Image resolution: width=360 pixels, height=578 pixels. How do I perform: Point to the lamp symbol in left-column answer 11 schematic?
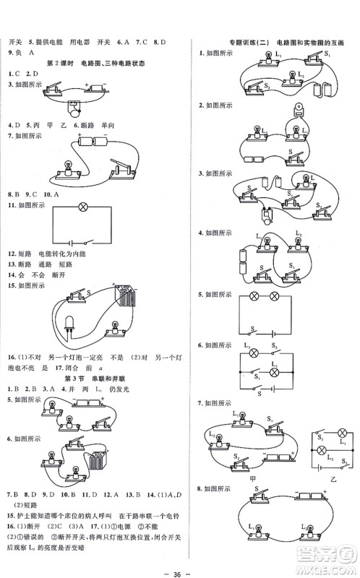pyautogui.click(x=82, y=206)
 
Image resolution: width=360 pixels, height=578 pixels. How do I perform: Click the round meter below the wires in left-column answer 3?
pyautogui.click(x=74, y=110)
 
